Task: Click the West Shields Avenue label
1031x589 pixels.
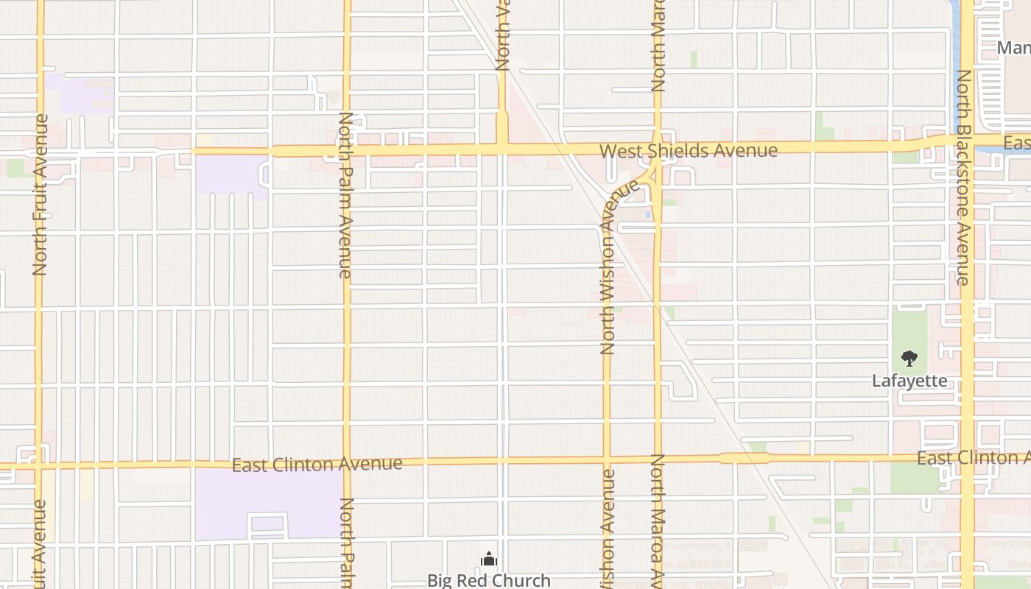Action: (688, 151)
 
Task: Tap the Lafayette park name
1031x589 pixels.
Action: (909, 381)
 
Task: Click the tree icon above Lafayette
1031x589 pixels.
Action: (909, 359)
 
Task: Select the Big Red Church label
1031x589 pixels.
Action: (488, 580)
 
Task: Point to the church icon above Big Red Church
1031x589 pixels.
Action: (488, 560)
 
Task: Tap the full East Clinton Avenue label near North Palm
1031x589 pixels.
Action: (317, 465)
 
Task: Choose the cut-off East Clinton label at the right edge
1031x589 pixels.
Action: (972, 458)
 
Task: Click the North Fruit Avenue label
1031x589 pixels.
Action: (40, 195)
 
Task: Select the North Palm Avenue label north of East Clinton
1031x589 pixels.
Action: (345, 195)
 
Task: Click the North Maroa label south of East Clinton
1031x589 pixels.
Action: (658, 519)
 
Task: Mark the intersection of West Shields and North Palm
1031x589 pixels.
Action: (347, 151)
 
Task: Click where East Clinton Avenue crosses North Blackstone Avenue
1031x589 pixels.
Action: (966, 458)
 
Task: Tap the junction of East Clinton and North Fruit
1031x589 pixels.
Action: (39, 465)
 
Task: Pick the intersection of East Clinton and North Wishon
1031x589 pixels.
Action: (608, 460)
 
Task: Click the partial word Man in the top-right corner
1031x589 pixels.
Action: (1013, 49)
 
